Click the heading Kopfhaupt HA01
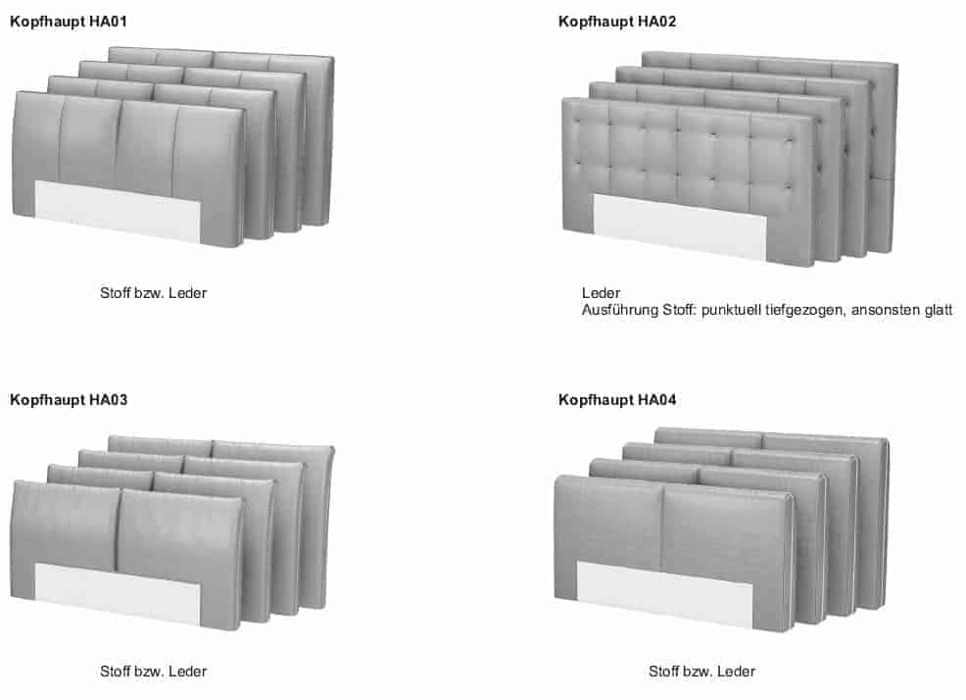click(x=69, y=21)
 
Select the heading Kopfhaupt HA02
click(x=617, y=21)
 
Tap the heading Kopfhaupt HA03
click(x=69, y=400)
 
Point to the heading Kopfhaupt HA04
click(x=617, y=400)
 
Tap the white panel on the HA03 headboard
click(x=118, y=592)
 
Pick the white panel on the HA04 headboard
click(x=664, y=591)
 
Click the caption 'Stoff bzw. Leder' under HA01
click(x=153, y=293)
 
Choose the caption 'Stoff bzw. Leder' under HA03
click(x=153, y=672)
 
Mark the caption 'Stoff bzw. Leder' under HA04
click(x=701, y=672)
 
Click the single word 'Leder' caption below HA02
click(x=601, y=293)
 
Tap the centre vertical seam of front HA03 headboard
click(x=118, y=529)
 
